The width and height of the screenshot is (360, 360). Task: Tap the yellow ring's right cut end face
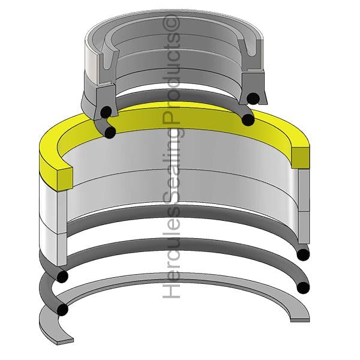pos(301,158)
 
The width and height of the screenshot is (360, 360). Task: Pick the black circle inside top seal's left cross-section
pos(106,112)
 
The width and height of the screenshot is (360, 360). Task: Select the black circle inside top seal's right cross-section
pos(253,98)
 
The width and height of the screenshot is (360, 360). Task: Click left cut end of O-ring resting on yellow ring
pos(110,132)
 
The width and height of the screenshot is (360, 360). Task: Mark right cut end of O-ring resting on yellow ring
pos(248,119)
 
